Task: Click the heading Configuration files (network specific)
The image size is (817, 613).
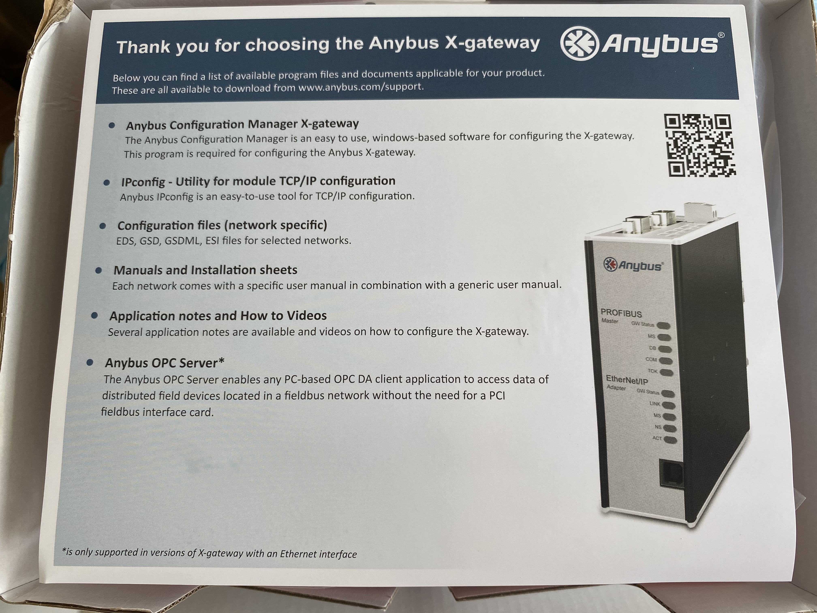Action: (222, 225)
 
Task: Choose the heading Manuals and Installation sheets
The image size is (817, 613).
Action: (205, 270)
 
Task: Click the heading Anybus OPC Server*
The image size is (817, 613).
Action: (164, 363)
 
